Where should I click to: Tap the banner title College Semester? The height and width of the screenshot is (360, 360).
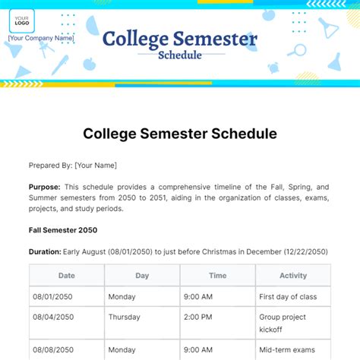tap(179, 39)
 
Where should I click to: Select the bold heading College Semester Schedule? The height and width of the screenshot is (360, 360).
tap(179, 134)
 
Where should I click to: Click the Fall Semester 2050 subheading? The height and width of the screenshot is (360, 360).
tap(63, 230)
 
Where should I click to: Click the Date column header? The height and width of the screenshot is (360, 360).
tap(67, 276)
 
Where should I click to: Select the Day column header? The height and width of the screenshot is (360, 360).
tap(142, 276)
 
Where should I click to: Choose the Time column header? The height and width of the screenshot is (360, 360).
tap(217, 276)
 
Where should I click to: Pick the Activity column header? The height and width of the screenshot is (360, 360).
tap(292, 276)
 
